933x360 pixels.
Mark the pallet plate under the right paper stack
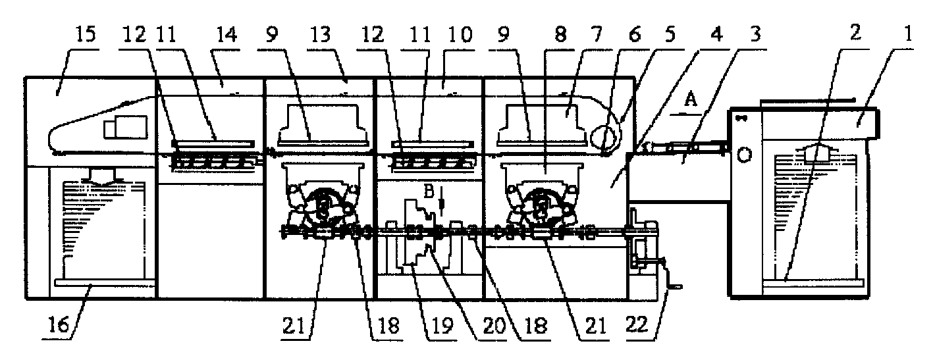[x=812, y=282]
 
